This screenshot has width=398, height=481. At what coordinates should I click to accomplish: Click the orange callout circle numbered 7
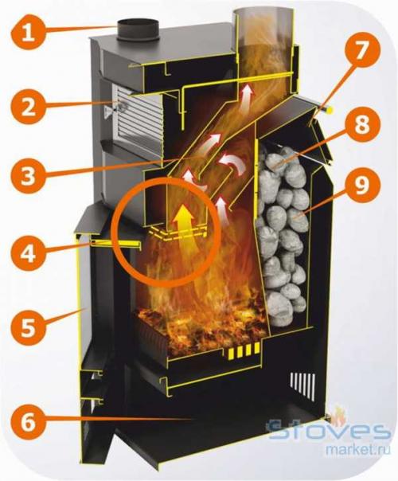(362, 50)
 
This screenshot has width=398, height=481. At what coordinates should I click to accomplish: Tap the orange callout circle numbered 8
(362, 125)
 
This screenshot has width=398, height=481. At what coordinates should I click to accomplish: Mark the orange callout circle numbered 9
(362, 185)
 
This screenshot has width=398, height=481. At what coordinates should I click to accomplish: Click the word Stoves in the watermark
(328, 431)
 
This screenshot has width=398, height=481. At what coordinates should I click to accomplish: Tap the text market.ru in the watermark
(358, 449)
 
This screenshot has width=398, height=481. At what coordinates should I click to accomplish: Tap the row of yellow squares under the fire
(244, 350)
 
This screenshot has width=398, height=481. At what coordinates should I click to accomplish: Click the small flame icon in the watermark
(339, 416)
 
